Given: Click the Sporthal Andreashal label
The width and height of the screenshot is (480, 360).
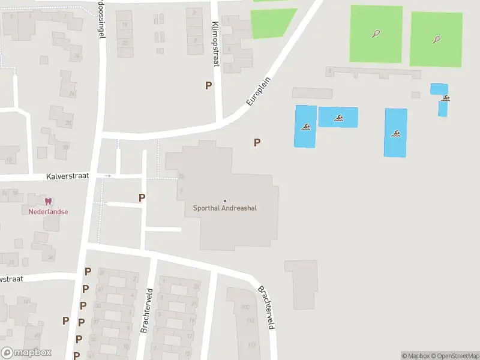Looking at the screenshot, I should [224, 209].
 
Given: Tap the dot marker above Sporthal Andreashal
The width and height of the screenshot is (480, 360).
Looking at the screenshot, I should [225, 200].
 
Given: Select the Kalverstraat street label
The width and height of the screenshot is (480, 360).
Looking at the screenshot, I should [68, 176].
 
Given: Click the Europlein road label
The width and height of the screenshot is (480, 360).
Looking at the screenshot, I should [259, 91].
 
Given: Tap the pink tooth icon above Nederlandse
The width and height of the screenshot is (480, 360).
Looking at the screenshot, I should [48, 202].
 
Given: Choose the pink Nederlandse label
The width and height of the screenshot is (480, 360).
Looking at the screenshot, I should [48, 212].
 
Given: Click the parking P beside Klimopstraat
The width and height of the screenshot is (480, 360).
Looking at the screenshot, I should [208, 86].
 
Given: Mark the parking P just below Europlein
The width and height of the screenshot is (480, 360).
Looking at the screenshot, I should [257, 143].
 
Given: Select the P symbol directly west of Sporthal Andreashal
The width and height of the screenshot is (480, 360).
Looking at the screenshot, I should [142, 197].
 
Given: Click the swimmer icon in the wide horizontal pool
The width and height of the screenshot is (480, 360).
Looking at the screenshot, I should [338, 118].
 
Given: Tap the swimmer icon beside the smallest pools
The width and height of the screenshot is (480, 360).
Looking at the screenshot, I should [446, 98].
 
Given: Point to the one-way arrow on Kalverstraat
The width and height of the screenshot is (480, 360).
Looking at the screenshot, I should [108, 176].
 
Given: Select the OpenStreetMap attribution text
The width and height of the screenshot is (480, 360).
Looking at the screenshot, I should [455, 356].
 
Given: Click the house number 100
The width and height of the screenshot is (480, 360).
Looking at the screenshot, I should [244, 307].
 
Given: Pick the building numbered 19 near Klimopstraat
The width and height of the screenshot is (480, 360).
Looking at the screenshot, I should [125, 25].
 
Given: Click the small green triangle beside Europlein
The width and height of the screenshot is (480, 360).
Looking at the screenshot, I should [273, 23].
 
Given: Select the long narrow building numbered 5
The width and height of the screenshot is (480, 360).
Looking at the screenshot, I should [373, 73].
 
